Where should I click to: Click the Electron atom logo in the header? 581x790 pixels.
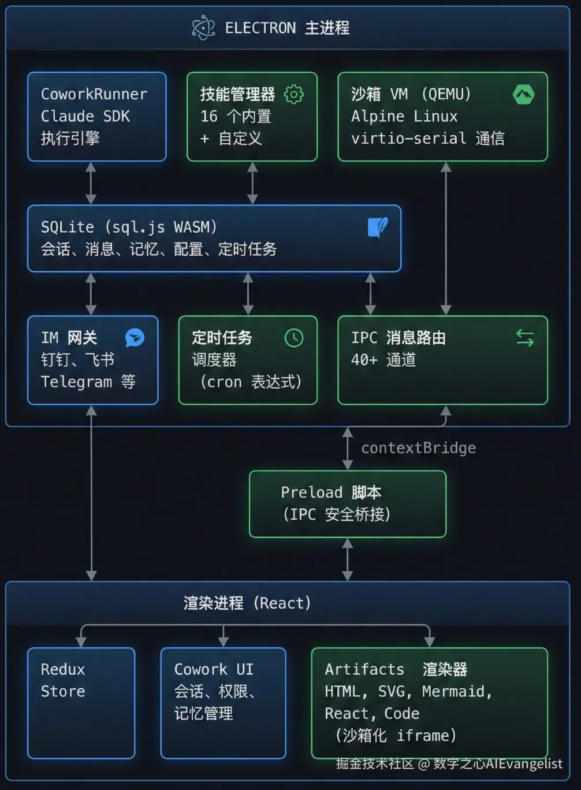(x=203, y=28)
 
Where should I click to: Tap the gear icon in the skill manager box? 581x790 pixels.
(x=294, y=94)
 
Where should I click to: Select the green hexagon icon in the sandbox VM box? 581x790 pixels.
(x=523, y=94)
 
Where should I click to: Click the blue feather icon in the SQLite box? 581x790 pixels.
(x=378, y=227)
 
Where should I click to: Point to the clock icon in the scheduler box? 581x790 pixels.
(x=294, y=338)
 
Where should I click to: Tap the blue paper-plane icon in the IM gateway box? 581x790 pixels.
(x=135, y=338)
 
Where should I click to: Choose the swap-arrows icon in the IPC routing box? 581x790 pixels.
(x=524, y=338)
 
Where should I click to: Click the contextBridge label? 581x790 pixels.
(x=418, y=448)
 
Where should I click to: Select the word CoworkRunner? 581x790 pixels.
(x=94, y=94)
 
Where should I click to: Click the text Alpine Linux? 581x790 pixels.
(x=404, y=116)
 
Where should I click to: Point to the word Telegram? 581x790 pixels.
(x=76, y=382)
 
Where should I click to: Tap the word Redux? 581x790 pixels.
(x=63, y=669)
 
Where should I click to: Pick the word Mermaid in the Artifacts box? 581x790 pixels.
(x=456, y=691)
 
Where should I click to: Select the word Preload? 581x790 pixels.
(x=311, y=492)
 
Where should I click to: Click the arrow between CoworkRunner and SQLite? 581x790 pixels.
(x=91, y=183)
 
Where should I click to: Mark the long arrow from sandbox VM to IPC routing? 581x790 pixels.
(x=446, y=238)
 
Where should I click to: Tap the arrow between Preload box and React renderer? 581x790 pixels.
(x=348, y=559)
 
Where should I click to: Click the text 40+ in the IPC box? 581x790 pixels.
(x=364, y=360)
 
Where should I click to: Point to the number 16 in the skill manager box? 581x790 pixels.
(x=208, y=116)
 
